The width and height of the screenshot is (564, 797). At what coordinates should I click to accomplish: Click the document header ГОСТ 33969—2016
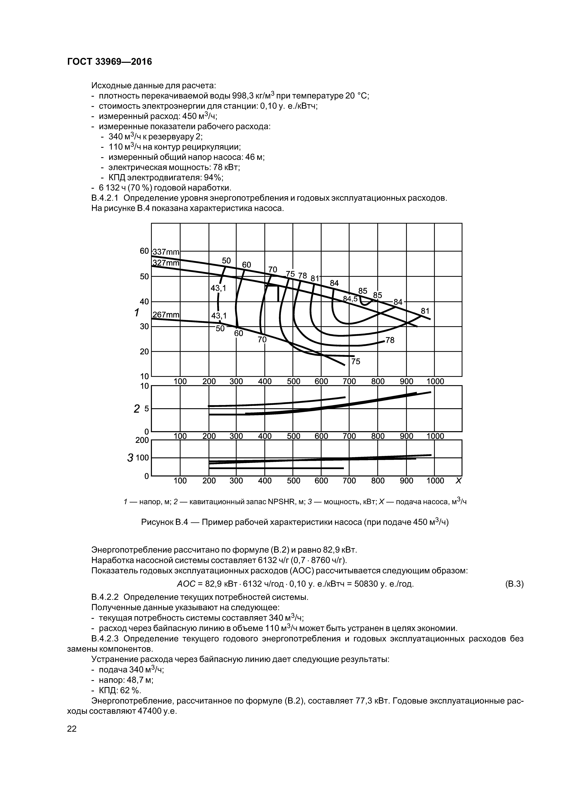110,62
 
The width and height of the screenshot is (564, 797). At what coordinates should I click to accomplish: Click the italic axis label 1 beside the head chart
137,313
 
